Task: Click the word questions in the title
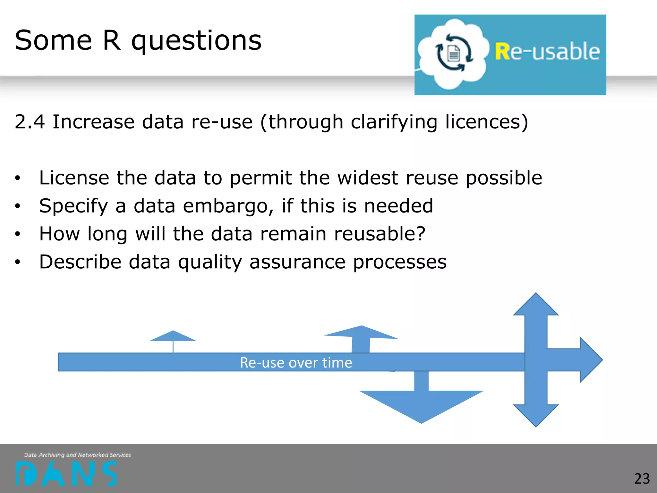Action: click(196, 41)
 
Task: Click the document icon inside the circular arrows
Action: click(454, 53)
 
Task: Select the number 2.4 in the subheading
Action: click(30, 122)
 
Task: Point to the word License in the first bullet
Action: click(74, 178)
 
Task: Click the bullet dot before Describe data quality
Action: click(18, 262)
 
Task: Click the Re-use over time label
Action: click(296, 363)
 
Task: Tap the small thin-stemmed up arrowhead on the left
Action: click(173, 336)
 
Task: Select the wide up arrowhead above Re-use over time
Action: click(362, 333)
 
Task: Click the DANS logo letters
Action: click(66, 474)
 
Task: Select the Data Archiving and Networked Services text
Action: click(78, 455)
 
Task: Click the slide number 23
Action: click(642, 479)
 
